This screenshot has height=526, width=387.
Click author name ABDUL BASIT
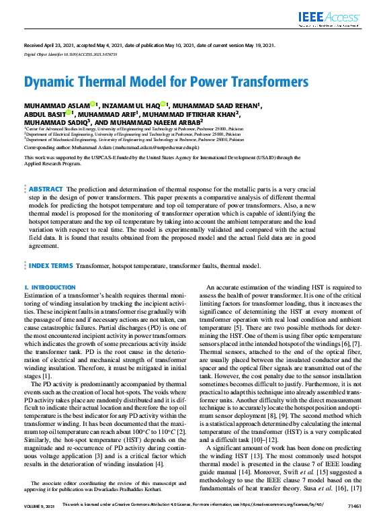tap(44, 114)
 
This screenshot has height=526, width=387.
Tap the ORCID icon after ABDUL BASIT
tap(69, 114)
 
